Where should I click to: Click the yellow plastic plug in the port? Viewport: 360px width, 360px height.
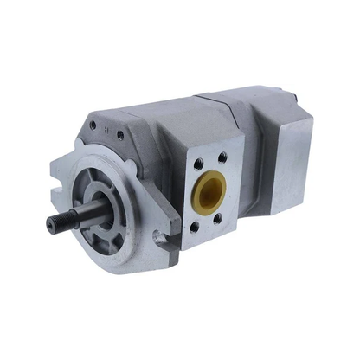click(209, 194)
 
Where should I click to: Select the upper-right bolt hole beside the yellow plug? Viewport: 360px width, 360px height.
click(222, 157)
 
